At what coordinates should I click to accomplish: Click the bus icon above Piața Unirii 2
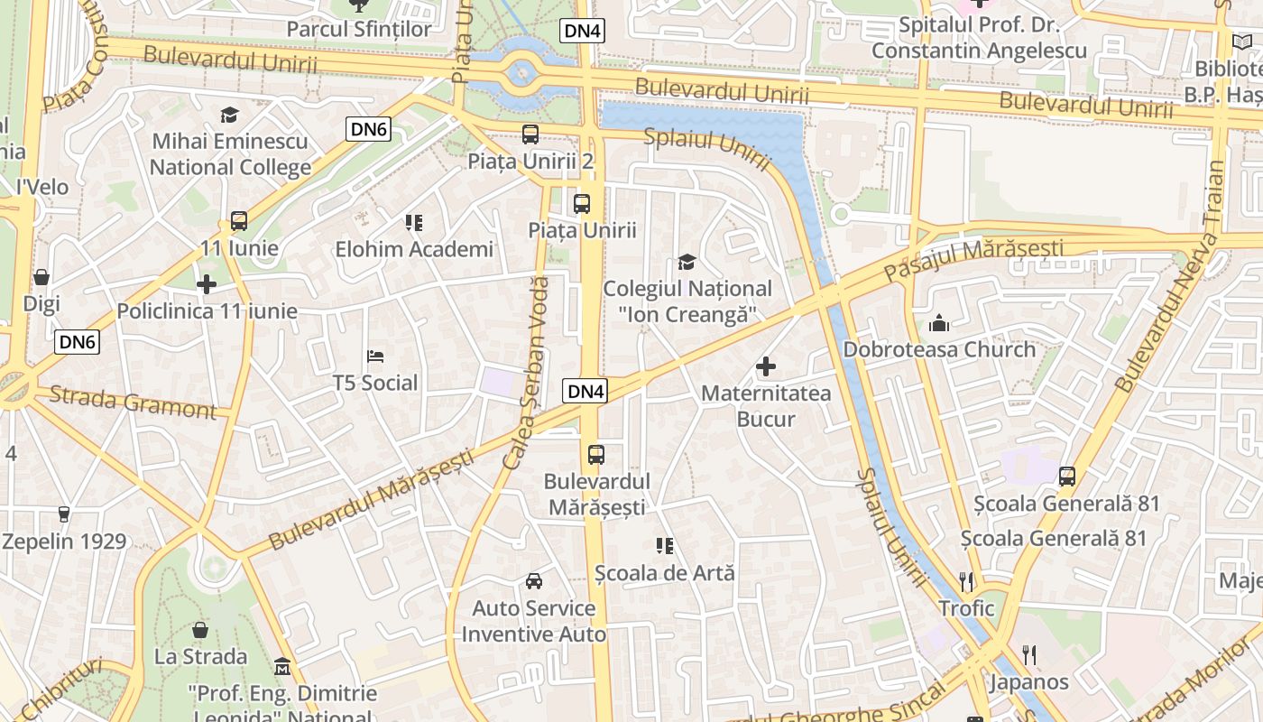[x=530, y=134]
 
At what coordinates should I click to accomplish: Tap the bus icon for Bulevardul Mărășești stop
[x=595, y=454]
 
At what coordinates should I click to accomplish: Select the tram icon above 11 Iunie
[x=239, y=221]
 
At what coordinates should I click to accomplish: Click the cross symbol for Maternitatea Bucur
[x=766, y=366]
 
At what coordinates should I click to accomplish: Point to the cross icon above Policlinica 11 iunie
[x=207, y=284]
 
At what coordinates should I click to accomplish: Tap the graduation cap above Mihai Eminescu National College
[x=229, y=115]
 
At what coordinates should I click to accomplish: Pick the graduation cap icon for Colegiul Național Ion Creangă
[x=687, y=263]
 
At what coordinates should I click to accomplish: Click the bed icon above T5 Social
[x=375, y=356]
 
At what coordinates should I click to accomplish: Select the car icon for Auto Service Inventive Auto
[x=534, y=581]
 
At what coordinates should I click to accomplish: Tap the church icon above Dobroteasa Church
[x=939, y=323]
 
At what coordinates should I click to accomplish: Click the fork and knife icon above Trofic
[x=966, y=581]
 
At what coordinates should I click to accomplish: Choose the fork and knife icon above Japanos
[x=1028, y=654]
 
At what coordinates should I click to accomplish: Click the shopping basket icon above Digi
[x=41, y=277]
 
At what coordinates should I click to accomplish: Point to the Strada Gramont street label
[x=133, y=403]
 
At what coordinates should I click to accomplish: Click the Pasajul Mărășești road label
[x=973, y=258]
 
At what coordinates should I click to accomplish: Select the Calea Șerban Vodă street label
[x=526, y=373]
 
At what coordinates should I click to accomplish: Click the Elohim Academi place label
[x=414, y=249]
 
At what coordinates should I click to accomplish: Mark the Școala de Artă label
[x=665, y=573]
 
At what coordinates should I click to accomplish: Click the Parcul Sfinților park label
[x=359, y=29]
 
